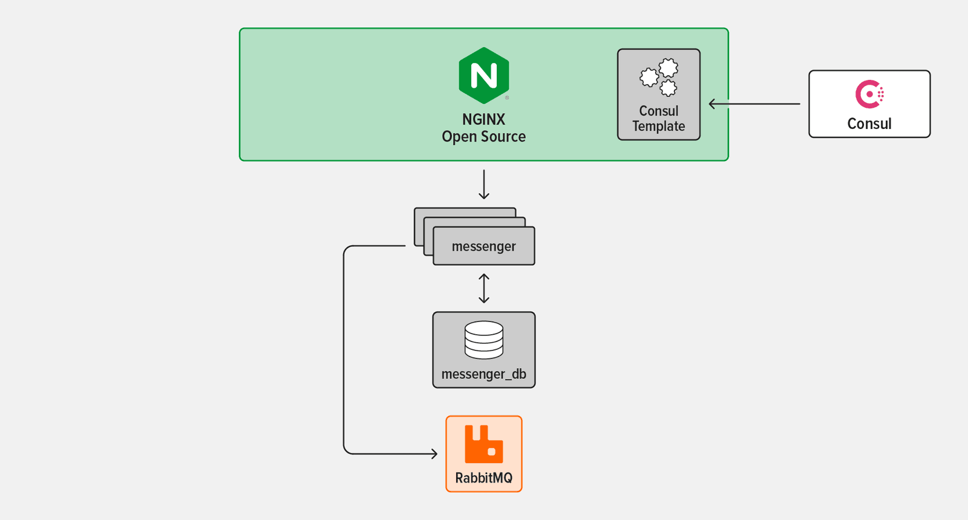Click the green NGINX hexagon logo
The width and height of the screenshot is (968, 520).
coord(483,76)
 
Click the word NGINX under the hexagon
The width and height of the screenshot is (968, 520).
coord(483,119)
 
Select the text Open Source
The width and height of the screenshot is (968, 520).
coord(483,137)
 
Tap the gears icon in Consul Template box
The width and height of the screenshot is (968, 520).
coord(659,77)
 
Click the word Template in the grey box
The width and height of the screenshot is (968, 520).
coord(659,127)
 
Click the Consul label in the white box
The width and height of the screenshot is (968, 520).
coord(869,123)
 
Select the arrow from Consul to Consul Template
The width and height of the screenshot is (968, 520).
coord(756,104)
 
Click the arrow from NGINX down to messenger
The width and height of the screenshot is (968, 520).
coord(484,185)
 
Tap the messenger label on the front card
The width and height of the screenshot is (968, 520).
coord(484,246)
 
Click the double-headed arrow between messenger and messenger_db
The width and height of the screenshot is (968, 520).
coord(484,288)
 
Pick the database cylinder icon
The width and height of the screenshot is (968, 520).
coord(484,340)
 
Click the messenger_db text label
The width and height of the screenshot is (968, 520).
coord(484,374)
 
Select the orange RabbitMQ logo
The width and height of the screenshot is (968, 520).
coord(483,444)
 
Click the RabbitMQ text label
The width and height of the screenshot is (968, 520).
coord(483,478)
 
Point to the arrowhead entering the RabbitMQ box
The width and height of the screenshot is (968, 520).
coord(434,453)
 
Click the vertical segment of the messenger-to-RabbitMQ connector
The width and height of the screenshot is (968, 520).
coord(344,351)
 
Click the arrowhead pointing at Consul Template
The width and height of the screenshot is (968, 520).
coord(713,104)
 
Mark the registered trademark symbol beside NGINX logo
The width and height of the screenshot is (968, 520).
coord(507,97)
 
